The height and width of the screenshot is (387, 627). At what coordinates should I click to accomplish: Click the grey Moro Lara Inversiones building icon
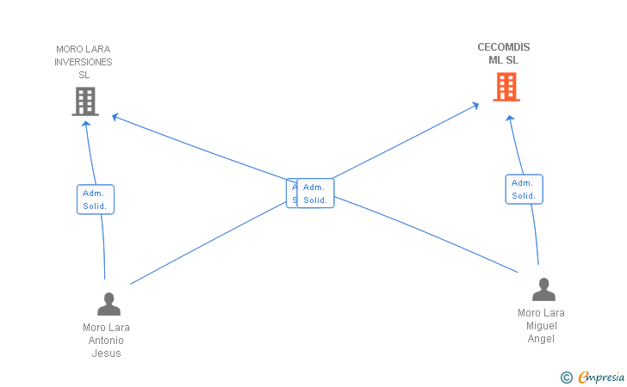coord(84,101)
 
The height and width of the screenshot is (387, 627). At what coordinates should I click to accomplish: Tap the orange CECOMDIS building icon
coord(506,87)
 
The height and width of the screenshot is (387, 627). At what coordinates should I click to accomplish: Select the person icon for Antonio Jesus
coord(109,304)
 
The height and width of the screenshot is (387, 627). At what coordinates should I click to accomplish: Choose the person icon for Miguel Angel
coord(543,290)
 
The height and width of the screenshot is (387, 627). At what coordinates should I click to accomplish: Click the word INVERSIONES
coord(84,62)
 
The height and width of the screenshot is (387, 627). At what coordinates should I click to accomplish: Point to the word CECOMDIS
coord(504,47)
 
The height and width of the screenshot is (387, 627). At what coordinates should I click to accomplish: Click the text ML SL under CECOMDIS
coord(504,60)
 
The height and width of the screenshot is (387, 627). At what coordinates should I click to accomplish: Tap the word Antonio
coord(107,341)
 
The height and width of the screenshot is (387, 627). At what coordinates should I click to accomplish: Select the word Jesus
coord(107,353)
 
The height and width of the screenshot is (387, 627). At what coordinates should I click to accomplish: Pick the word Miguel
coord(542,326)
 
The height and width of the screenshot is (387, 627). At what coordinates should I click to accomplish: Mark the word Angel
coord(541,339)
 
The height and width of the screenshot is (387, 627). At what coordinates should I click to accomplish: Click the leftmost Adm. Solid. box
coord(95,200)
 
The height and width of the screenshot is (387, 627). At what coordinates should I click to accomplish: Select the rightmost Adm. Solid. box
coord(524,189)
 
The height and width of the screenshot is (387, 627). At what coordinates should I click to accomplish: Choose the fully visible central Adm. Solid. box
coord(315,193)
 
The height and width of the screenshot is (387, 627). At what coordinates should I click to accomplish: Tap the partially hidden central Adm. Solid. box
coord(291,193)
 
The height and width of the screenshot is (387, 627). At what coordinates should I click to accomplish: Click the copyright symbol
coord(566,378)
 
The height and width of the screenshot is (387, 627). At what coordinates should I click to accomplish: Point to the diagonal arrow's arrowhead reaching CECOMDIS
coord(475,105)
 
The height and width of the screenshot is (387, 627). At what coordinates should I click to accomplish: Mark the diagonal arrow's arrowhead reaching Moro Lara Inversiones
coord(115,117)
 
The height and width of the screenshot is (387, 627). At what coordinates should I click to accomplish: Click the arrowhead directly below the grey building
coord(85,124)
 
